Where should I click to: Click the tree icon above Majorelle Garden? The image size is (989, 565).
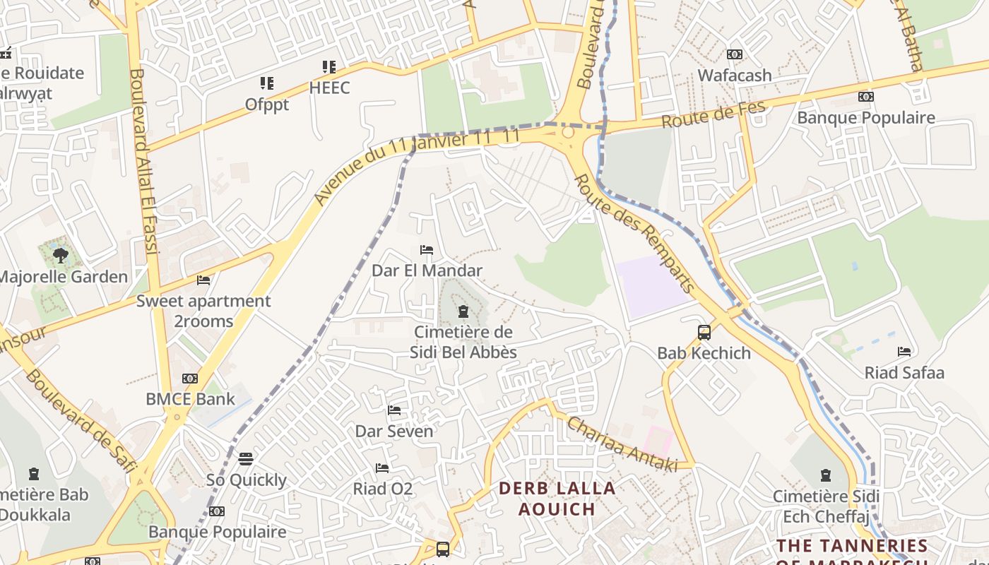(61, 255)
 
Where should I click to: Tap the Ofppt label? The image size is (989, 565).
(266, 105)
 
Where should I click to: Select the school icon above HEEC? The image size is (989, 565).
(328, 67)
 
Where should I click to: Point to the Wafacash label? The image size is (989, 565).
(735, 75)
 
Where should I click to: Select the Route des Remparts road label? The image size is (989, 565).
(634, 233)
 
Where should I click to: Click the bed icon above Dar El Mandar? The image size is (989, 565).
(426, 250)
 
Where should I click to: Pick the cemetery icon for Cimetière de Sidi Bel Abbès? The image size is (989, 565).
(463, 311)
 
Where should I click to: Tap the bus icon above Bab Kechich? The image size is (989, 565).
(704, 333)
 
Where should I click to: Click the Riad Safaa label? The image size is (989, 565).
(904, 372)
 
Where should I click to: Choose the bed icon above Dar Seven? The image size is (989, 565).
(394, 410)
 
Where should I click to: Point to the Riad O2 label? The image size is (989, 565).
(382, 489)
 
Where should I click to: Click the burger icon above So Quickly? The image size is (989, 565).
(246, 459)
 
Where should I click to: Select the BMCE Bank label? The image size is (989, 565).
(190, 399)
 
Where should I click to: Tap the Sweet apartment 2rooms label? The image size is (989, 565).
(203, 311)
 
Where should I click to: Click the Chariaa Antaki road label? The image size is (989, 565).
(622, 444)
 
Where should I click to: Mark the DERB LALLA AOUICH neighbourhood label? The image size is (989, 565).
(557, 499)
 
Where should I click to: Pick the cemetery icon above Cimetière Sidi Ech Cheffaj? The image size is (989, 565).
(825, 475)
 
